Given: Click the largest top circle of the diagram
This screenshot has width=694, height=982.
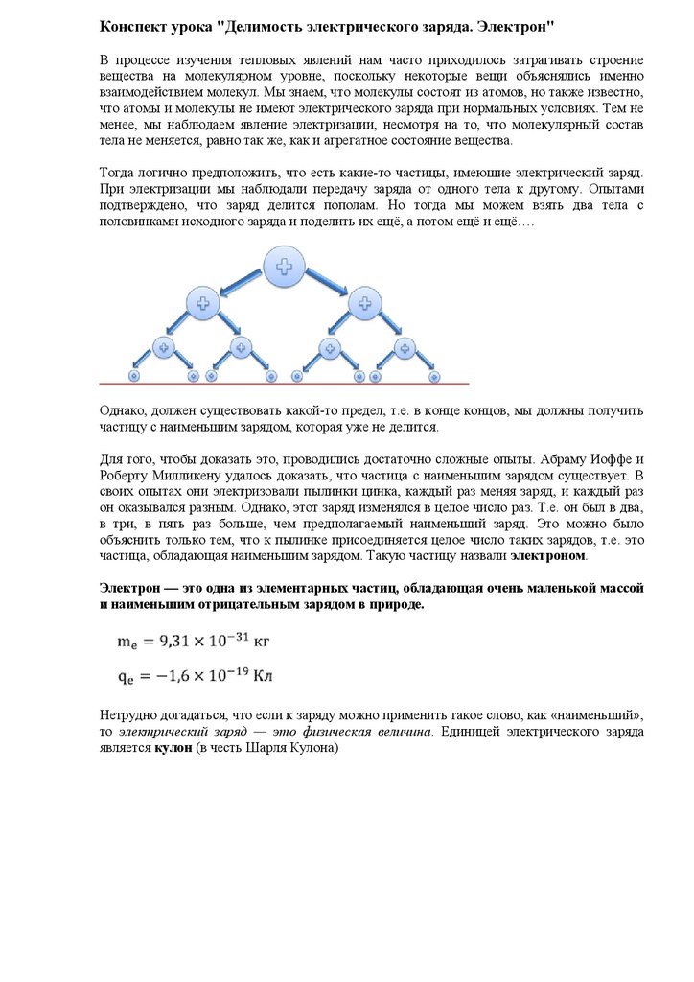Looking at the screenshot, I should tap(284, 267).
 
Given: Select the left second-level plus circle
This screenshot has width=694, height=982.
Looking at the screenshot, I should tap(202, 304).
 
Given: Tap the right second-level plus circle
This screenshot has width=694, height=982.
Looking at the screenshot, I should tap(364, 304).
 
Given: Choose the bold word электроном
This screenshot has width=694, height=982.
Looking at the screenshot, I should tap(547, 556).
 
